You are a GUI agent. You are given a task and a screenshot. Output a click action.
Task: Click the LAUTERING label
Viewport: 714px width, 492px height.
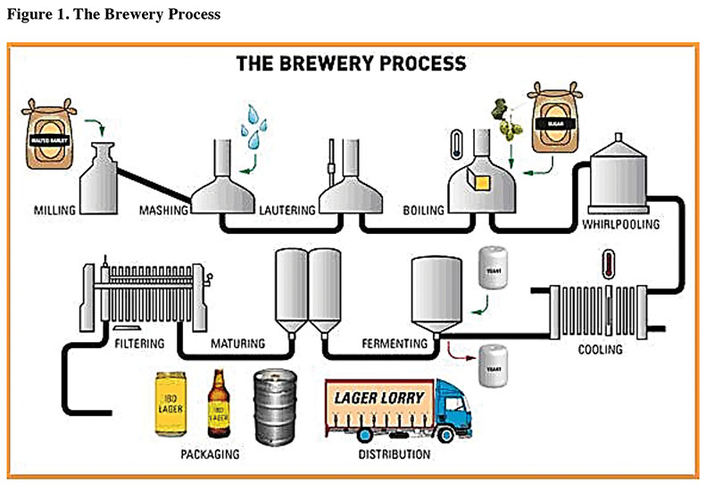[x=287, y=211]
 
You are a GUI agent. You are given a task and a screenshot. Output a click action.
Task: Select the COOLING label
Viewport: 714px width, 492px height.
[x=601, y=349]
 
